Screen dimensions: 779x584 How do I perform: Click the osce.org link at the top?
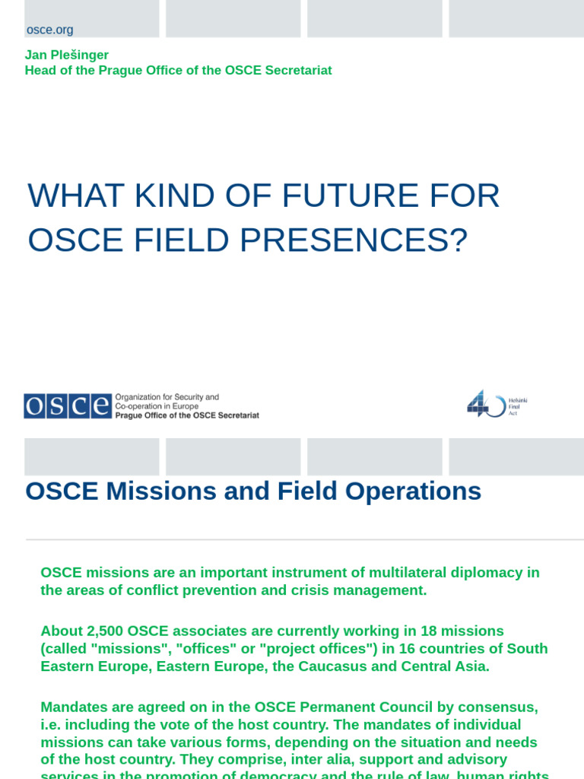(x=49, y=30)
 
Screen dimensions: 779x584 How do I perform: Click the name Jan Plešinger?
(x=67, y=55)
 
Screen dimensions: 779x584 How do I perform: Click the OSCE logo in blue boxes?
(x=67, y=405)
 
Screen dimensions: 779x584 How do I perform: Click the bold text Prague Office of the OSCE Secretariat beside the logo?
(x=186, y=415)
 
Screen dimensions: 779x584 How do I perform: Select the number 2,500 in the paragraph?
(x=98, y=631)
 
